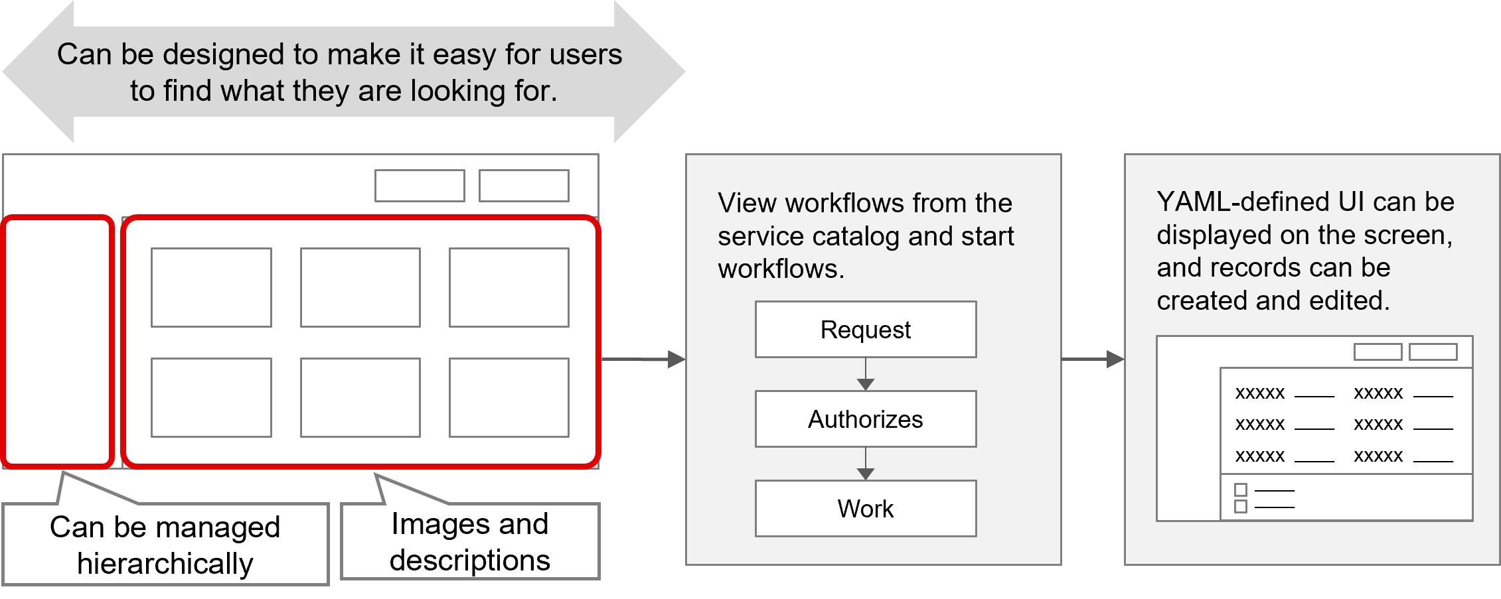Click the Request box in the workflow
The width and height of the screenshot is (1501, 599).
865,330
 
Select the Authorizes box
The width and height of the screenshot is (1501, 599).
865,419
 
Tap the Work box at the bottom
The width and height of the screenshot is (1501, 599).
865,509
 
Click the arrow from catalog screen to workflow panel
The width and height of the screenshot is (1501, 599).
643,360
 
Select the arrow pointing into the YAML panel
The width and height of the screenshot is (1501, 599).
1093,360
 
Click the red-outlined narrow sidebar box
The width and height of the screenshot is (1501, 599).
58,342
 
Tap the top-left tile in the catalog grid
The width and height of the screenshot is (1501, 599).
211,287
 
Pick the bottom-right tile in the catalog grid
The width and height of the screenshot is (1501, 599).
509,397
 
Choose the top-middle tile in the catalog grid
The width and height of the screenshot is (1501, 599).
360,287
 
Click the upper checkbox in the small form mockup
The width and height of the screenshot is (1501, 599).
1240,490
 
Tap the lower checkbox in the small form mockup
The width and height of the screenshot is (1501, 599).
1240,507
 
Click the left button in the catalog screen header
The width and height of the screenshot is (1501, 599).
420,186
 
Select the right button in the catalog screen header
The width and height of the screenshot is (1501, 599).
524,186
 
